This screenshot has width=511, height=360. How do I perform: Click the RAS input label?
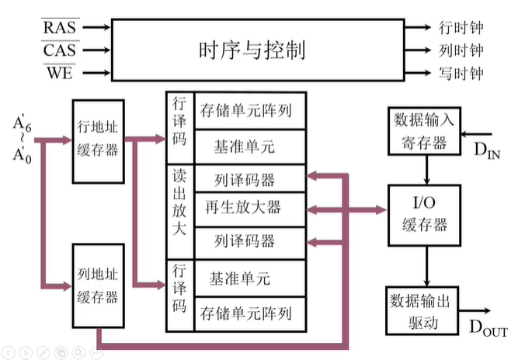[60, 27]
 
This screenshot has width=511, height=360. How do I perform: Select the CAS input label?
[60, 50]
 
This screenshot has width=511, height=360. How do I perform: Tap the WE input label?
[60, 73]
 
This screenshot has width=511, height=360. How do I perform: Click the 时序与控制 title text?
[252, 50]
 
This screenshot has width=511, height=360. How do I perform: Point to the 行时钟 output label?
[461, 27]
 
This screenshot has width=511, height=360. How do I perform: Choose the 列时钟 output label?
[461, 50]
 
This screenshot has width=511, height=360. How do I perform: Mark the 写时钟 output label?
[461, 73]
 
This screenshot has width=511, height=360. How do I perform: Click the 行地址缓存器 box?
[98, 141]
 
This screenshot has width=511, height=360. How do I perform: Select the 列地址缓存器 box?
[98, 286]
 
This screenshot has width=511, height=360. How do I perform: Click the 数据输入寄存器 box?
[424, 130]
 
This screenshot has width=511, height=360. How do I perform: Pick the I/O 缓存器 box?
[424, 215]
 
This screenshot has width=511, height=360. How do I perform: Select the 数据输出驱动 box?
[422, 311]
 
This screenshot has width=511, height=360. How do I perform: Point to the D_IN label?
[487, 151]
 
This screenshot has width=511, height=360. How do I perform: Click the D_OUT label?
[488, 327]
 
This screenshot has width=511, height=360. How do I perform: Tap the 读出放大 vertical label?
[179, 202]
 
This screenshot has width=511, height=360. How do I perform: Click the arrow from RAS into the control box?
[96, 27]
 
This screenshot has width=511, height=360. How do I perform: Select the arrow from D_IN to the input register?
[476, 133]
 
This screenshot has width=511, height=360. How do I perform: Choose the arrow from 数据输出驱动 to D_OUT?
[474, 311]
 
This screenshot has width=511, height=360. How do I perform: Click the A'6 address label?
[23, 124]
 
